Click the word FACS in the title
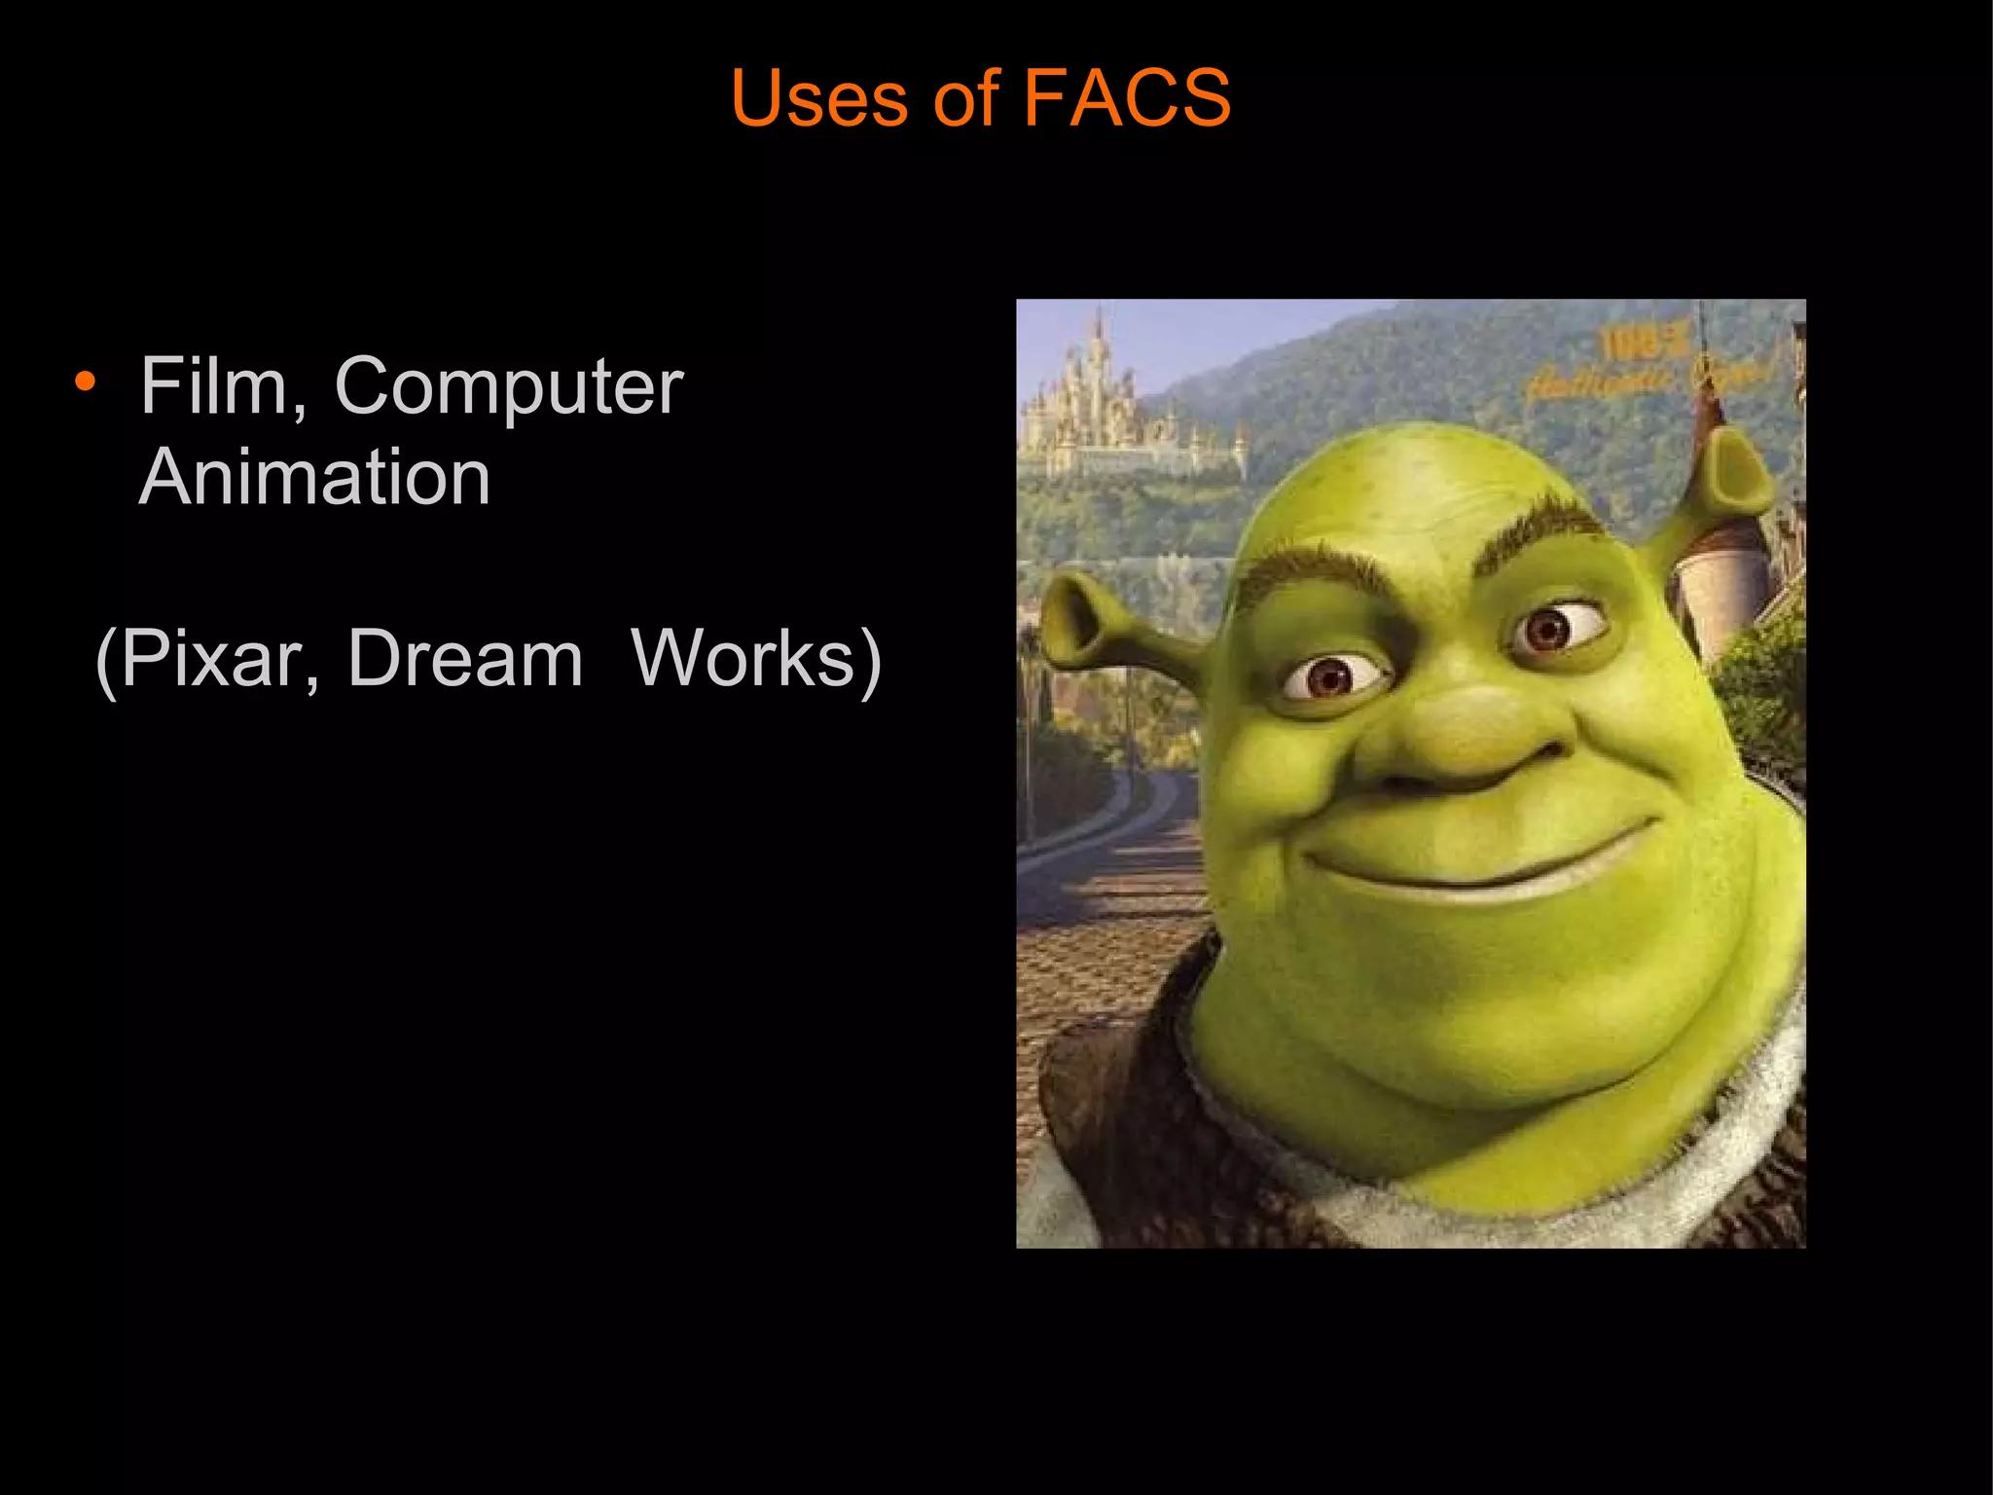(1127, 97)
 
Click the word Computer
(508, 387)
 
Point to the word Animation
(314, 477)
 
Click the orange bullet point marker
(85, 382)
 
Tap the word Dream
(464, 659)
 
